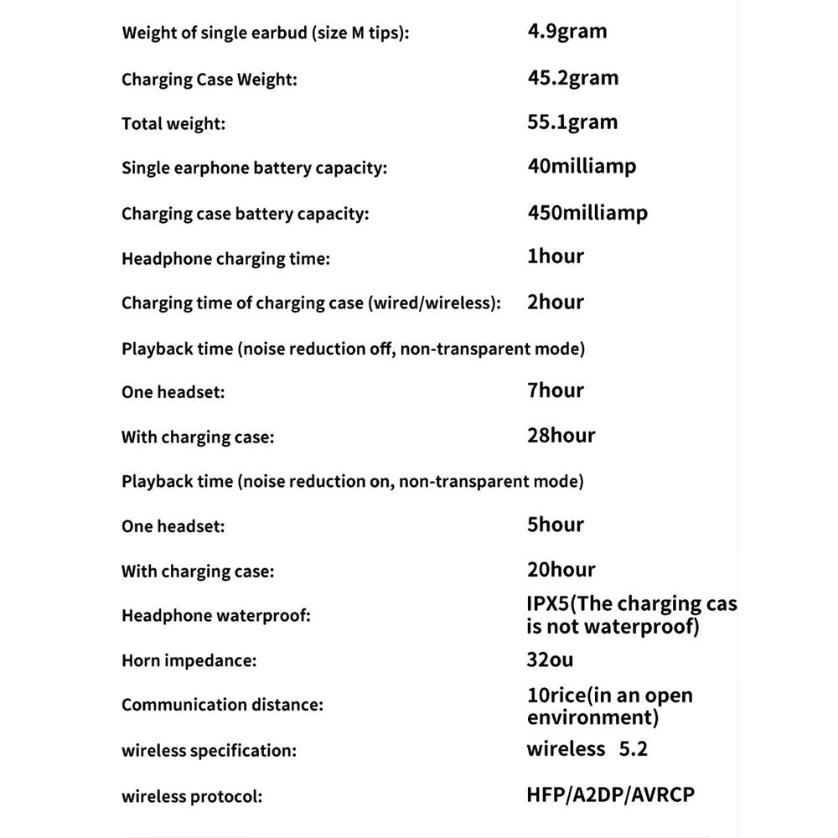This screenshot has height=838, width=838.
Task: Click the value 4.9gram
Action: click(566, 33)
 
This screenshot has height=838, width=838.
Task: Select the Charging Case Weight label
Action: click(209, 80)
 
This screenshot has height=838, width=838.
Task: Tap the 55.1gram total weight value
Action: click(572, 122)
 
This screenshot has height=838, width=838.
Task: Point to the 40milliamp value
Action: click(582, 166)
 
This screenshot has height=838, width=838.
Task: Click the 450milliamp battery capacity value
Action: click(587, 212)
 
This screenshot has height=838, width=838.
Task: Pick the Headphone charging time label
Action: click(225, 258)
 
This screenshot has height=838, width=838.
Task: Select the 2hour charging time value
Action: click(556, 302)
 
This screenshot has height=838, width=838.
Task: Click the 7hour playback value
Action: click(556, 391)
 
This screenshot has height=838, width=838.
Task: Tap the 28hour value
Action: click(561, 436)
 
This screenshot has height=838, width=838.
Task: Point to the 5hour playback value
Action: click(556, 525)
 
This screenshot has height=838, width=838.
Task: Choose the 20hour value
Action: click(561, 570)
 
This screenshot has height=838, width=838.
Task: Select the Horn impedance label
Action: click(189, 660)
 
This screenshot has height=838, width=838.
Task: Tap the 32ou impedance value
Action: click(550, 660)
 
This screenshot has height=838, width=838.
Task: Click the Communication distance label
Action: click(222, 705)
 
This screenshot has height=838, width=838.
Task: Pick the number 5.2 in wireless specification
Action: click(633, 748)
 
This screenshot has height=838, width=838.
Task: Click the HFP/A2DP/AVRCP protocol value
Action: click(611, 794)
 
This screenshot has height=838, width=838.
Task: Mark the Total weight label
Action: click(173, 124)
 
